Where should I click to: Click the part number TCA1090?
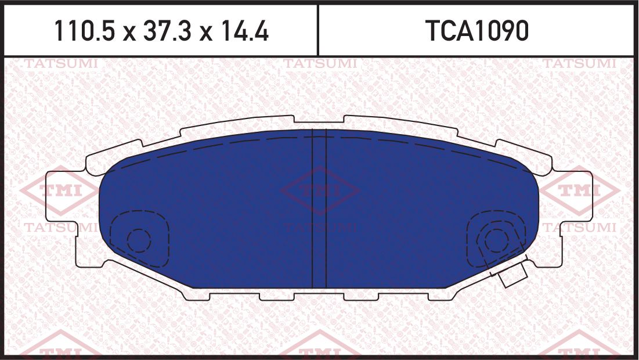click(x=477, y=31)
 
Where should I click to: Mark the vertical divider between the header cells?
click(x=318, y=30)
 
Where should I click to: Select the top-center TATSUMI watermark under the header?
click(x=320, y=63)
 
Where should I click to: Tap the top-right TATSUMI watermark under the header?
click(x=579, y=63)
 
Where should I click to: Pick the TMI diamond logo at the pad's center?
click(x=320, y=190)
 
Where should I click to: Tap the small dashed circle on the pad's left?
click(x=139, y=239)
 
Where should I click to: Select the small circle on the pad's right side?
click(x=496, y=239)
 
